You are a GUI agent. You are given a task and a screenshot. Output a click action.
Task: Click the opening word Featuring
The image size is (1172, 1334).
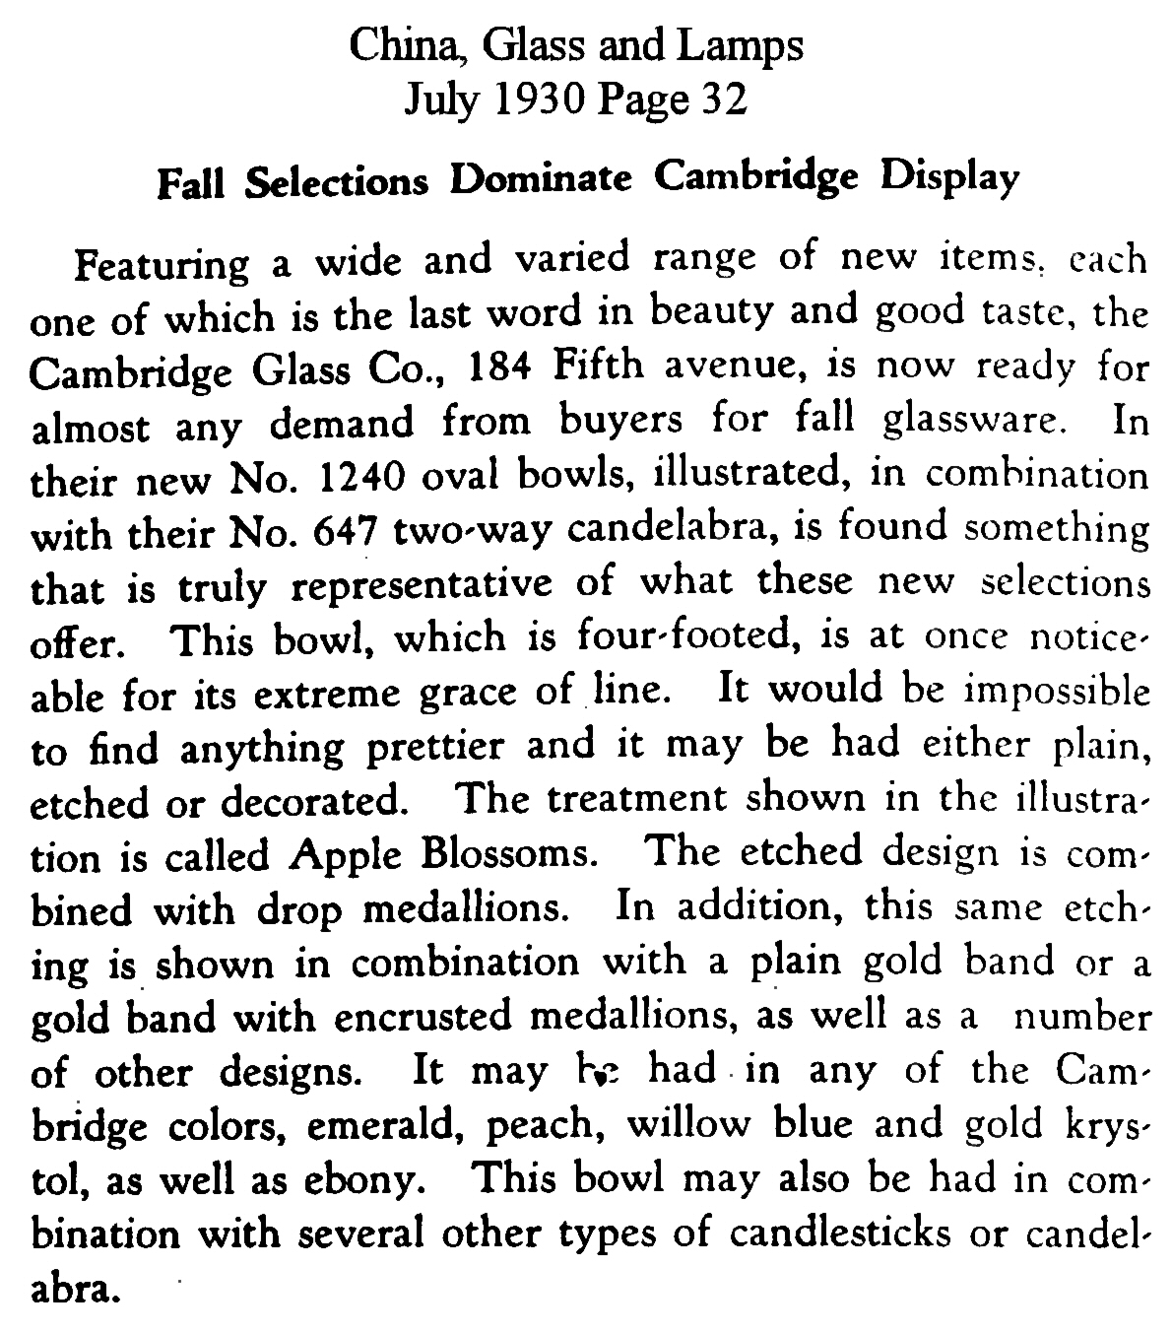163,266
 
